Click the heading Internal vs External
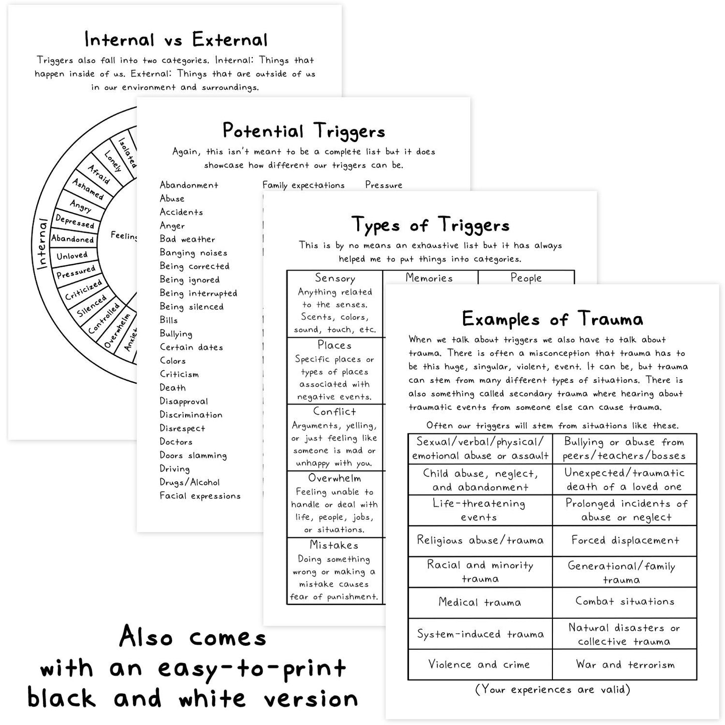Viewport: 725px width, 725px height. (176, 39)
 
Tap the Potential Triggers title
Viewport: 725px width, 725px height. (304, 131)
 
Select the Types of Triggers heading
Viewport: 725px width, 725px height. (430, 225)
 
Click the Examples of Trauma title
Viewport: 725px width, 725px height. (552, 319)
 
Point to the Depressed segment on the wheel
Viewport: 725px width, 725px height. (75, 221)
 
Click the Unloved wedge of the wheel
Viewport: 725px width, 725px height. (72, 256)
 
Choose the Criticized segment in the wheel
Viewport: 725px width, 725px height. (83, 290)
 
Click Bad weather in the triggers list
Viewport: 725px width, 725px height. (187, 239)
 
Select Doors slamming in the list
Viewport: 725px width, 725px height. (193, 456)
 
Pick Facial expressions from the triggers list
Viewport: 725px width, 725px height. (200, 496)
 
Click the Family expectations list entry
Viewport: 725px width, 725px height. (304, 185)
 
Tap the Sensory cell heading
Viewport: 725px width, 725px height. (335, 278)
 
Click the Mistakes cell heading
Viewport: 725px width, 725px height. (334, 545)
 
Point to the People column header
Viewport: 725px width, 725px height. (526, 278)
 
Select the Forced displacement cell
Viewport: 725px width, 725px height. (625, 540)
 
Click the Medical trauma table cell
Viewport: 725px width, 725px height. (480, 602)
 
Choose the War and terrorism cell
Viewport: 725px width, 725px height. (625, 665)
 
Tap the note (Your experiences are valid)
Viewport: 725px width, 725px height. (552, 689)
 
